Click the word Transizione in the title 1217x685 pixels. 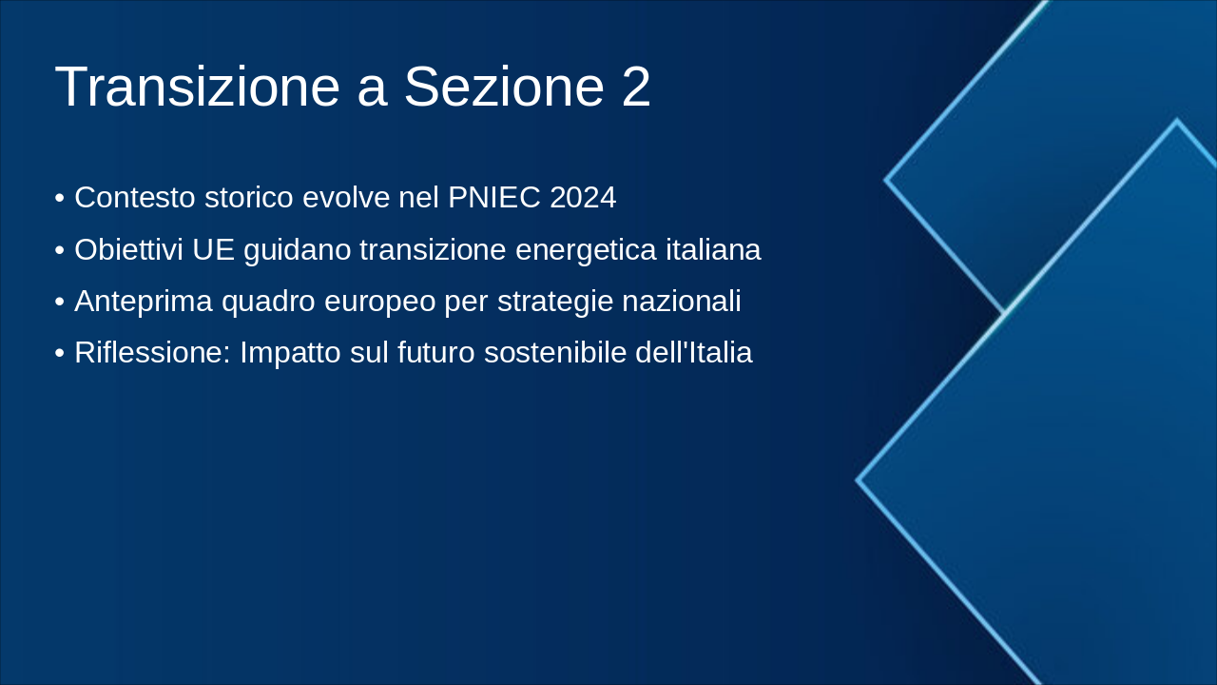pyautogui.click(x=197, y=88)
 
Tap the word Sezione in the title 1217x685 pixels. pyautogui.click(x=504, y=88)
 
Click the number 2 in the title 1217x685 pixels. pyautogui.click(x=636, y=88)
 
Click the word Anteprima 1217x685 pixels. pyautogui.click(x=144, y=302)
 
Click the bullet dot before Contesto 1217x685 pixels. pyautogui.click(x=60, y=199)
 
